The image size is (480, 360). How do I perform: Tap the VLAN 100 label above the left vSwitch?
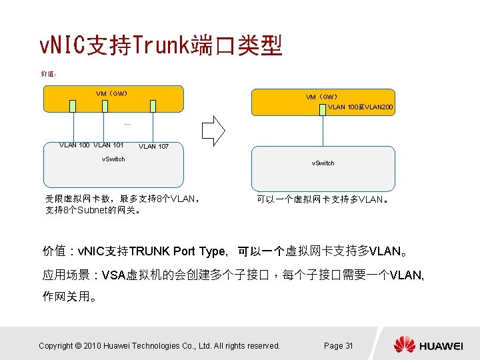tap(75, 145)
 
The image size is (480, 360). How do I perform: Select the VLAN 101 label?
tap(109, 145)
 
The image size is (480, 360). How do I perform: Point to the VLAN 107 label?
tap(153, 147)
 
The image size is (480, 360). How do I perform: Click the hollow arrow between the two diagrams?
tap(216, 130)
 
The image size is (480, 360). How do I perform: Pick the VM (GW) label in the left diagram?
tap(112, 93)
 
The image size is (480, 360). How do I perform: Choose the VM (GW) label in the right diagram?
tap(321, 97)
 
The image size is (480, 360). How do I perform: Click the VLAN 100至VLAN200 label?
tap(360, 107)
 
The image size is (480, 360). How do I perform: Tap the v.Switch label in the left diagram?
tap(113, 159)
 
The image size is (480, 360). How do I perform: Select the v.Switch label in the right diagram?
tap(323, 163)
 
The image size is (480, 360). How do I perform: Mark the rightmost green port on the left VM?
tap(153, 105)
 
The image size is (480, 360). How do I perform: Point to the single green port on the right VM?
tap(323, 107)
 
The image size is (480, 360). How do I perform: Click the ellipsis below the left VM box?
tap(126, 124)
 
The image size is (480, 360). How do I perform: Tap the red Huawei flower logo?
tap(404, 345)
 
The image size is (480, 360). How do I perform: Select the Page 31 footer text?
tap(338, 345)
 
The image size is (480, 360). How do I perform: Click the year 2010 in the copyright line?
tap(93, 345)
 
